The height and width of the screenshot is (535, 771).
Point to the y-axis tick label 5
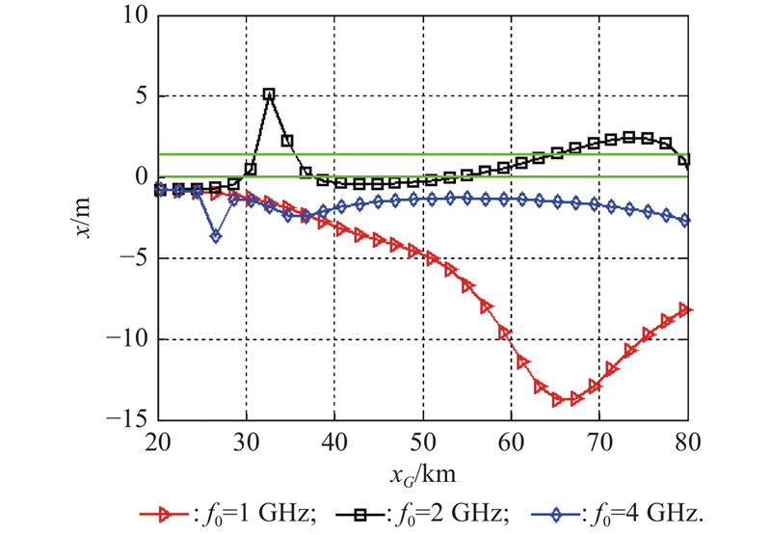pos(139,96)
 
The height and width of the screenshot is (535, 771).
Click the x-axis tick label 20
pos(159,441)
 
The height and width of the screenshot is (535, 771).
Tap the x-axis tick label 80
pos(686,441)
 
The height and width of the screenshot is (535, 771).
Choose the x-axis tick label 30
pos(247,441)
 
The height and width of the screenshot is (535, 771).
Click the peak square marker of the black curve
pos(269,94)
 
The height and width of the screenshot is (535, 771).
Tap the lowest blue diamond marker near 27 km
pos(216,236)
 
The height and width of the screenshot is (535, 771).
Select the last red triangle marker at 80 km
pos(685,309)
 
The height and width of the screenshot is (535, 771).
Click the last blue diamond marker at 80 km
pos(685,221)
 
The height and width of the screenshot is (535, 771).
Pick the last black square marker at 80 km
pos(685,160)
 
